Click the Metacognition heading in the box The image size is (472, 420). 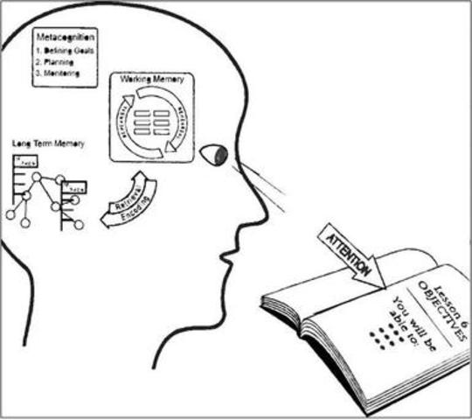tap(66, 38)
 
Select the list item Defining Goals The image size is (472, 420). tap(63, 52)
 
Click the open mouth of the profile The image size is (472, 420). tap(229, 256)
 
